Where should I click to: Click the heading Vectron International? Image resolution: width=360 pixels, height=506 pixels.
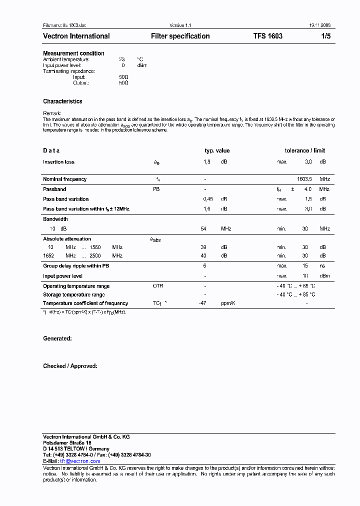76,36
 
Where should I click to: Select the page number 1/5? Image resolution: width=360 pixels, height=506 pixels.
325,36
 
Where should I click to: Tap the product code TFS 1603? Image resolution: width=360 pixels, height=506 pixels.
267,36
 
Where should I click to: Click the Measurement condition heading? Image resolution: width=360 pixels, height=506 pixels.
73,53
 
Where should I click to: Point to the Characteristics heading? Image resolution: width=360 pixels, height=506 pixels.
62,101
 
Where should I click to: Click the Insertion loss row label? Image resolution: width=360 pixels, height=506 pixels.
58,162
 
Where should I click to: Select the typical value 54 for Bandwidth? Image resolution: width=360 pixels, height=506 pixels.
203,228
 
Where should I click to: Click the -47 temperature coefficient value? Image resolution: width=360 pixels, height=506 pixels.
202,303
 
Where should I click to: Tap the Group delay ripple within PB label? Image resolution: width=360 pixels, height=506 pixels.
76,266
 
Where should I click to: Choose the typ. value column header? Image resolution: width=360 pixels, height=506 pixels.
217,150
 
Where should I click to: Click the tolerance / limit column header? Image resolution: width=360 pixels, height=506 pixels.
304,150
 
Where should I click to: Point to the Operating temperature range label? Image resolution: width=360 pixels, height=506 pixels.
76,286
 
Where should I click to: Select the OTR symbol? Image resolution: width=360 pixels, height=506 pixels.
157,286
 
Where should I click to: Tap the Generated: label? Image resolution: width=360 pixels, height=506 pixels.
57,338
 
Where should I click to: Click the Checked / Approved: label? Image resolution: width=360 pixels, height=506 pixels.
70,366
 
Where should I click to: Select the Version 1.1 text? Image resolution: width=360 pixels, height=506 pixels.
180,25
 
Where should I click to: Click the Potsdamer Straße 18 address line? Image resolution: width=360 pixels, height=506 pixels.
67,443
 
